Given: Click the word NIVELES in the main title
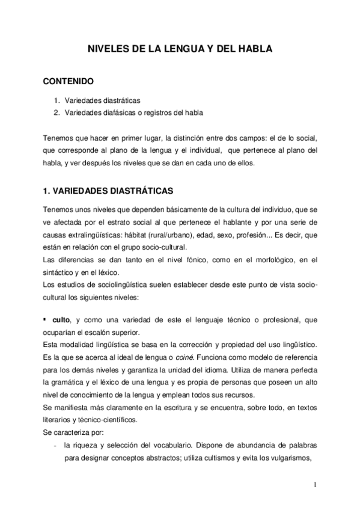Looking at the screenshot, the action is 107,51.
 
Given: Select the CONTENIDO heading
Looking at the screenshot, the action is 69,81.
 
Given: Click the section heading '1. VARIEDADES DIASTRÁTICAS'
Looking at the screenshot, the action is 108,191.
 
